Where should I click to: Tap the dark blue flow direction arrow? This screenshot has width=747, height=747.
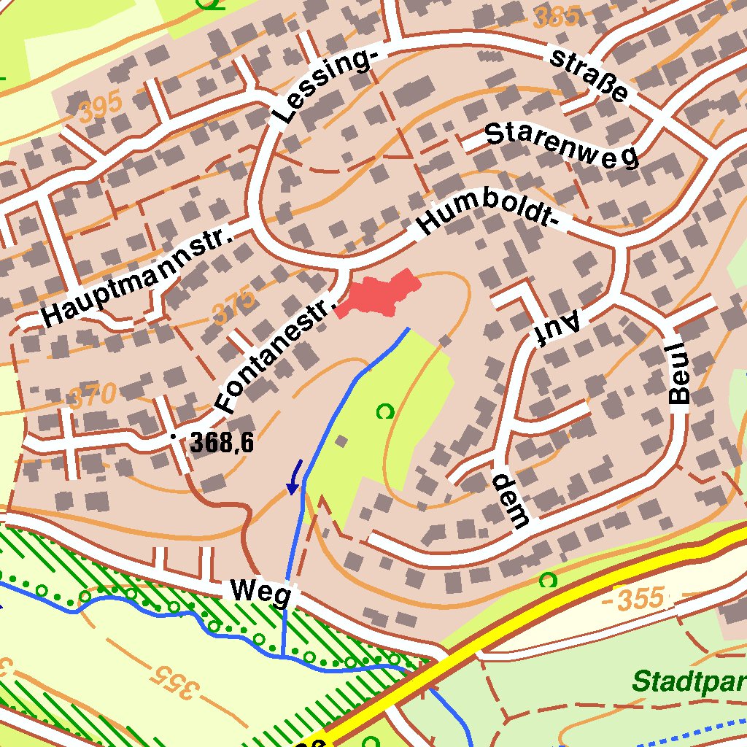coord(295,478)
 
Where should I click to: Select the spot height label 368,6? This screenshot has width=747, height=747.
coord(222,442)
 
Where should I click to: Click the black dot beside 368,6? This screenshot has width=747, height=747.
coord(173,436)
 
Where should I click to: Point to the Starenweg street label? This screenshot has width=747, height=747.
coord(561,144)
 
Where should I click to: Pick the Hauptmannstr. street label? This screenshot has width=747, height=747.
coord(137,277)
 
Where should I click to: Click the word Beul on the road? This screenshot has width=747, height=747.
coord(679,373)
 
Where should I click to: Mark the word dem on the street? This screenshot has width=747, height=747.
coord(509,500)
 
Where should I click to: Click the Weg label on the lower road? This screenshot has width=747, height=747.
coord(261,592)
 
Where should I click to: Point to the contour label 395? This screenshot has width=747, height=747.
coord(101,110)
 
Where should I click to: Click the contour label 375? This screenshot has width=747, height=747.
coord(235,307)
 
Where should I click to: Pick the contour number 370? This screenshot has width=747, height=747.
coord(92,397)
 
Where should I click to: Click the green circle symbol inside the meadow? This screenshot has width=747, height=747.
coord(384,412)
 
